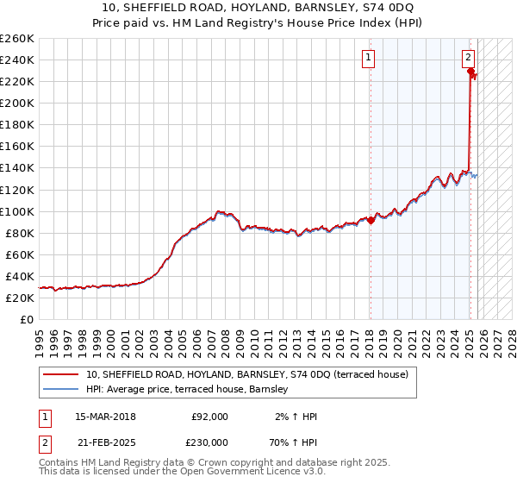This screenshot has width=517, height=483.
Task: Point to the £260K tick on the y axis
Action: pyautogui.click(x=16, y=39)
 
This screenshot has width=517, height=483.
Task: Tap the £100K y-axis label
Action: pyautogui.click(x=16, y=211)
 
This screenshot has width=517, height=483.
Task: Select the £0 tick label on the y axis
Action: pyautogui.click(x=27, y=320)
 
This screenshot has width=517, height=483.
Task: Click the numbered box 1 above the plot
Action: pyautogui.click(x=368, y=58)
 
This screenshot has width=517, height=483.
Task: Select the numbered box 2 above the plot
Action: pyautogui.click(x=468, y=58)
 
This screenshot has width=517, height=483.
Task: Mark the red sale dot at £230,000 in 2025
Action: pyautogui.click(x=470, y=72)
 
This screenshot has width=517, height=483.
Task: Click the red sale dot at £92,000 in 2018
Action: pyautogui.click(x=371, y=220)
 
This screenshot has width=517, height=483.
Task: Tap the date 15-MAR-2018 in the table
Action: pyautogui.click(x=105, y=417)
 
